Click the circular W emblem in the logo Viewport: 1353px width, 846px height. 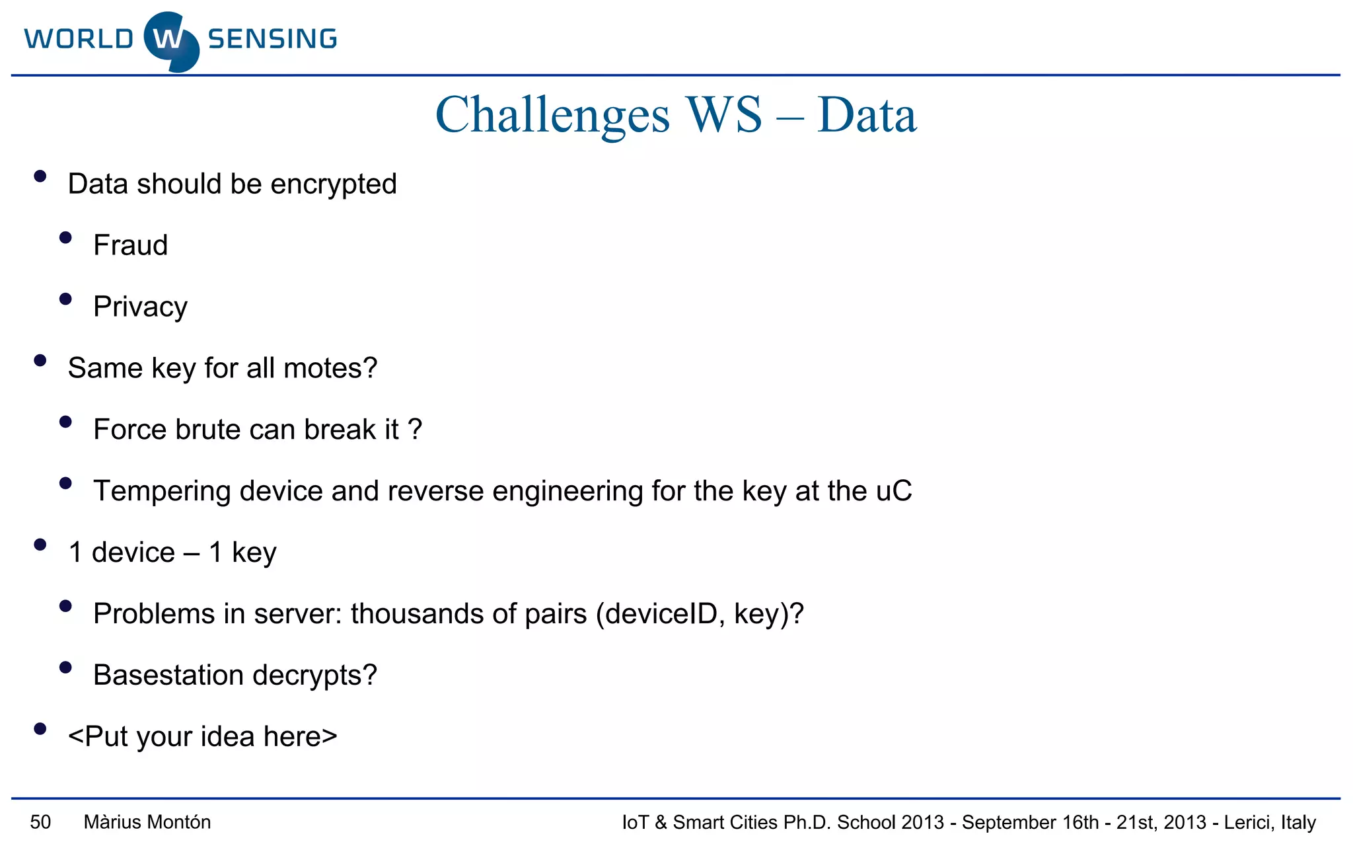[x=170, y=41]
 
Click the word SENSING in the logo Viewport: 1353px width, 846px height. [x=272, y=39]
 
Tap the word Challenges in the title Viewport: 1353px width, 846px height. [x=552, y=116]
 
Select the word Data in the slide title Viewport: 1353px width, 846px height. [x=867, y=116]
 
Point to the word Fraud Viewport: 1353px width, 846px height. [x=131, y=245]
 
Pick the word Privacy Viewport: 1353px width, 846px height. [x=140, y=307]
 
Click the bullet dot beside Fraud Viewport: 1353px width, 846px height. [x=65, y=238]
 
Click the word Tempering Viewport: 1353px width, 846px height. [x=162, y=492]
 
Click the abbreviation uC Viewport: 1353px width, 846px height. [x=894, y=491]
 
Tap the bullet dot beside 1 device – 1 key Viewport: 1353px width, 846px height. [x=40, y=545]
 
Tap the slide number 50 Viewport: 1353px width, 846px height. [x=40, y=822]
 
